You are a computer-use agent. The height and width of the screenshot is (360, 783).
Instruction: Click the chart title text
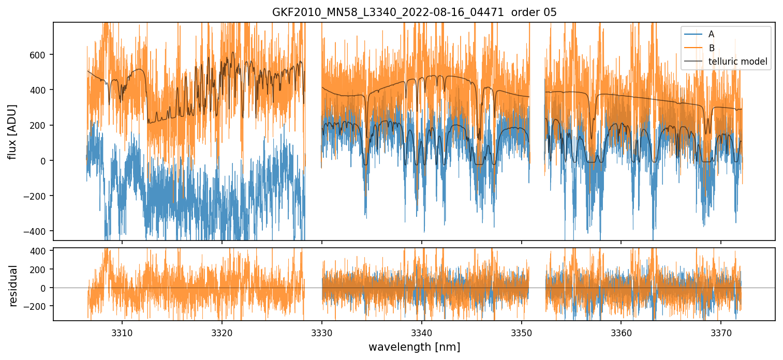point(414,12)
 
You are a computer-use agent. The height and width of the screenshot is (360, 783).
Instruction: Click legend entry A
point(711,34)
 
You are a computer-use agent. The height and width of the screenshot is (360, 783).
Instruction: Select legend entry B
point(711,48)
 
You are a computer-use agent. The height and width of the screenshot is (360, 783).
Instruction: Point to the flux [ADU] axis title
point(12,131)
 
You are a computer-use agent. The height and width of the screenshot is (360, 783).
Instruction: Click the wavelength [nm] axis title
point(414,347)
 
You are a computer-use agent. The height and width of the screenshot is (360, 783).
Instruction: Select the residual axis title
point(12,286)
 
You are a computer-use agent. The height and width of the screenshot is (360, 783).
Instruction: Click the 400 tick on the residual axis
point(41,251)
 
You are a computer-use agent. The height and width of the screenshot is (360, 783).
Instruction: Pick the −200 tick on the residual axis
point(38,306)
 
